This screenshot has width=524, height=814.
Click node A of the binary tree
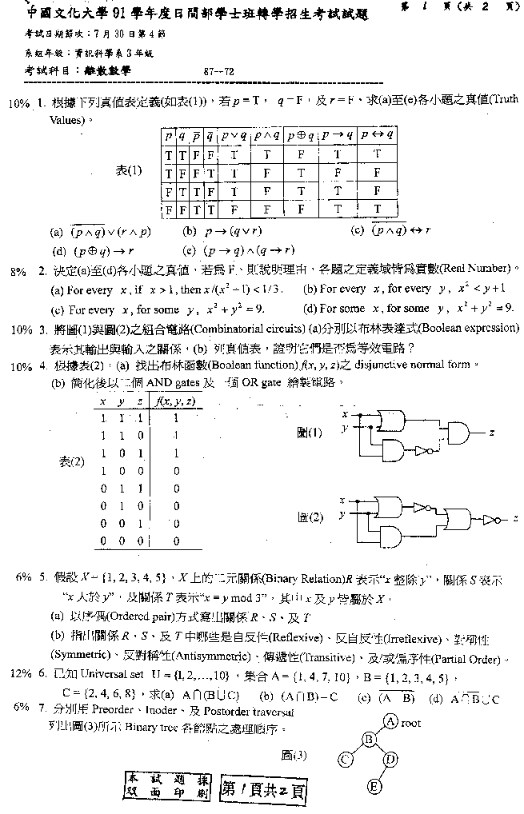[391, 721]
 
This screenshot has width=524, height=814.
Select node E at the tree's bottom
[374, 787]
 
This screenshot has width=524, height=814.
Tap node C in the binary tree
[346, 757]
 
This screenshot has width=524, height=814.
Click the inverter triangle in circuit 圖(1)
[420, 451]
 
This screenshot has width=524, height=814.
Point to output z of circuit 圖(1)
[491, 432]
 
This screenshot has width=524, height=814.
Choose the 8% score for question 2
[18, 271]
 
